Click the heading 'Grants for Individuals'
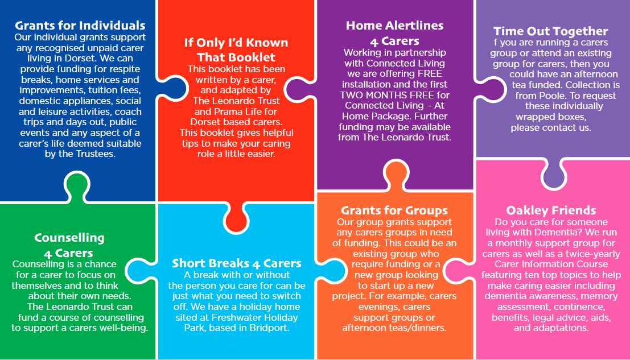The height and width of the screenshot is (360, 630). [x=80, y=25]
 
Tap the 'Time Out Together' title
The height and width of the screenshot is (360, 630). [x=550, y=31]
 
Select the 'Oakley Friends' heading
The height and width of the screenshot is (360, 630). [x=551, y=210]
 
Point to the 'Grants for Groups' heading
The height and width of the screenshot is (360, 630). [x=394, y=210]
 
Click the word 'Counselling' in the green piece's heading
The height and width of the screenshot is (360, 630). [x=69, y=238]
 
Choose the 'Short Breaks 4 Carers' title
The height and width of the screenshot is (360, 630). [x=236, y=263]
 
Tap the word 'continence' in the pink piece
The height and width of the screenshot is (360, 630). [x=579, y=307]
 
